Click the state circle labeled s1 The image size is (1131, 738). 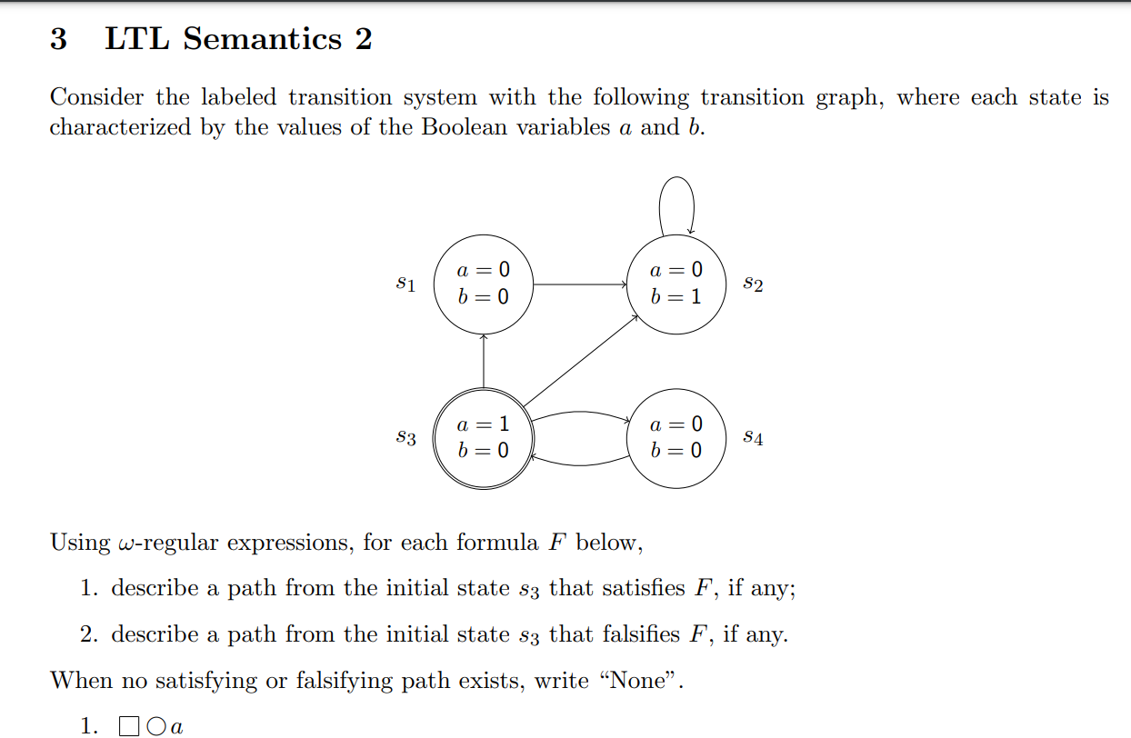(483, 284)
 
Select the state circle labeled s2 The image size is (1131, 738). (677, 284)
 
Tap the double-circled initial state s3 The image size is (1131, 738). (483, 438)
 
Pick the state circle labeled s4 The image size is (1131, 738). (677, 438)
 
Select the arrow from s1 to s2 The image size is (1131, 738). (580, 284)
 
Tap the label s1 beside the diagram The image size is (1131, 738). (406, 284)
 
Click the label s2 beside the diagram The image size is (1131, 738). (753, 284)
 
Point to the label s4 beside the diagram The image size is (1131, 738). (753, 438)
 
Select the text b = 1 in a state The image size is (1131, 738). (676, 297)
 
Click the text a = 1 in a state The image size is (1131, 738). (483, 424)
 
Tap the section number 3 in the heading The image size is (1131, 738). (58, 39)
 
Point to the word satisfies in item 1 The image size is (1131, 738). (589, 588)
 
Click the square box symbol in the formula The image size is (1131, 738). (128, 726)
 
